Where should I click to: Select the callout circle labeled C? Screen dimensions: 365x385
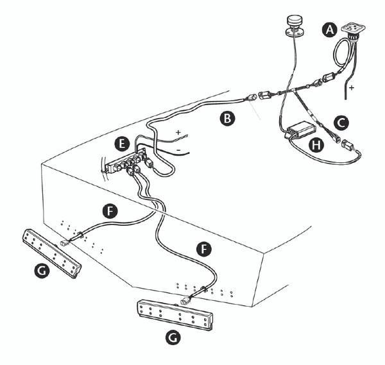(341, 120)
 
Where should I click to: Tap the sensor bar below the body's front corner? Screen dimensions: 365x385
(174, 317)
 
